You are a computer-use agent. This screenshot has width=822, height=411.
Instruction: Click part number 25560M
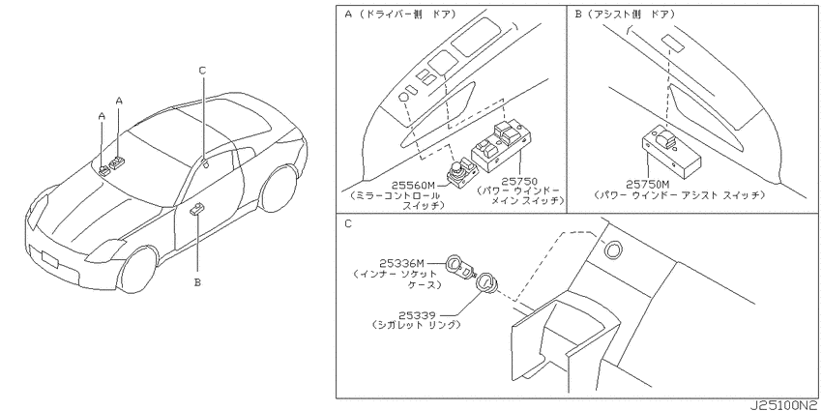[x=414, y=185]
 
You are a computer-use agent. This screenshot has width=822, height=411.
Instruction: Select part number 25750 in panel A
[x=519, y=182]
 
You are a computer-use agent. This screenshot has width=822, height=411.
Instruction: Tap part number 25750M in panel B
[x=647, y=185]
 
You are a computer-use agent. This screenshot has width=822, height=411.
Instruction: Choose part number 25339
[x=417, y=315]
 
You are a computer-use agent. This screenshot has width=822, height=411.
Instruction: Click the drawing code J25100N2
[x=784, y=406]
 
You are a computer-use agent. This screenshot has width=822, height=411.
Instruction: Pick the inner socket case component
[x=459, y=266]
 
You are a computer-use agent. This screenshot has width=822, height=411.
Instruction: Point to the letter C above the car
[x=202, y=71]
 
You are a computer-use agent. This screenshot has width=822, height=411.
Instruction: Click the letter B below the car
[x=197, y=282]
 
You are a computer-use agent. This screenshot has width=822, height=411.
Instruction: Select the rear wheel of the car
[x=279, y=190]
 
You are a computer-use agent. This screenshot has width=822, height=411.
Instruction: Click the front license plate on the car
[x=50, y=259]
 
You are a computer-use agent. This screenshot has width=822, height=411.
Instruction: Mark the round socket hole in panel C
[x=611, y=250]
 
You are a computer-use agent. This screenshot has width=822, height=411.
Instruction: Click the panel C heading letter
[x=348, y=223]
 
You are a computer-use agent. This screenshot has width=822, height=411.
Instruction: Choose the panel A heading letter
[x=348, y=15]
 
